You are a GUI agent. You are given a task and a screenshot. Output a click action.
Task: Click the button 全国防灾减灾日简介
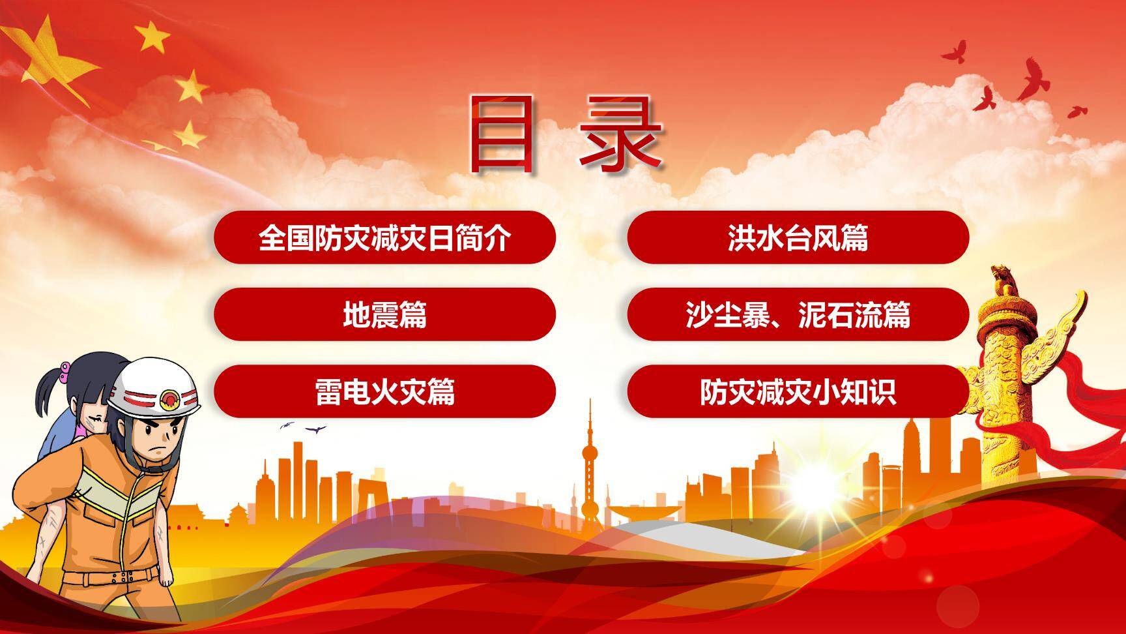click(x=384, y=237)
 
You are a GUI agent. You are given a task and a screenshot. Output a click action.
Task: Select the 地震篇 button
click(x=384, y=314)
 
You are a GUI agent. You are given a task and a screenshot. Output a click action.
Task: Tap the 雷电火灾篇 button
click(x=384, y=391)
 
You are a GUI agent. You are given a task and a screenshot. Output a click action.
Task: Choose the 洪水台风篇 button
click(x=798, y=237)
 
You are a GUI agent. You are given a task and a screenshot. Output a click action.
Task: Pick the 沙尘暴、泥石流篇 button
click(x=798, y=314)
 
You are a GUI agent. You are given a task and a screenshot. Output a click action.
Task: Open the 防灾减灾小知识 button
click(x=798, y=391)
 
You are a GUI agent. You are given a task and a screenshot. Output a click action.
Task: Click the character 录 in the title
click(x=620, y=134)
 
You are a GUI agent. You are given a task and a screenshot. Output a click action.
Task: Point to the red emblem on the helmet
click(x=169, y=397)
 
